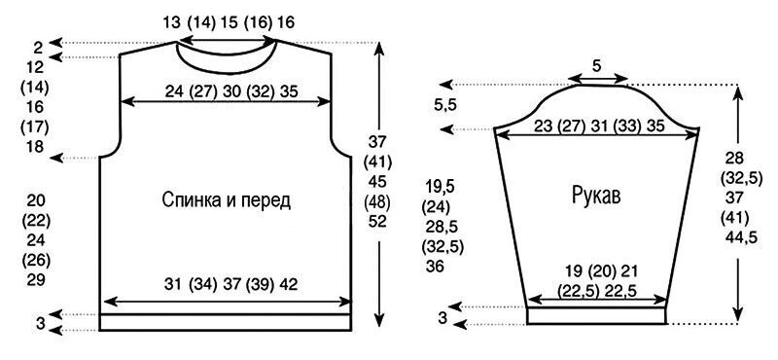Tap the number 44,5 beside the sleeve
[x=741, y=237]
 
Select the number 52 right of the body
[x=377, y=222]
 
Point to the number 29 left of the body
[x=36, y=279]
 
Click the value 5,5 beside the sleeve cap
[x=445, y=105]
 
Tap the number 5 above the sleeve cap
[x=598, y=65]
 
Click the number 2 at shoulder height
[x=39, y=49]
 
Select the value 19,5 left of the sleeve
[x=441, y=187]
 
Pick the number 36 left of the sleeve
[x=435, y=267]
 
